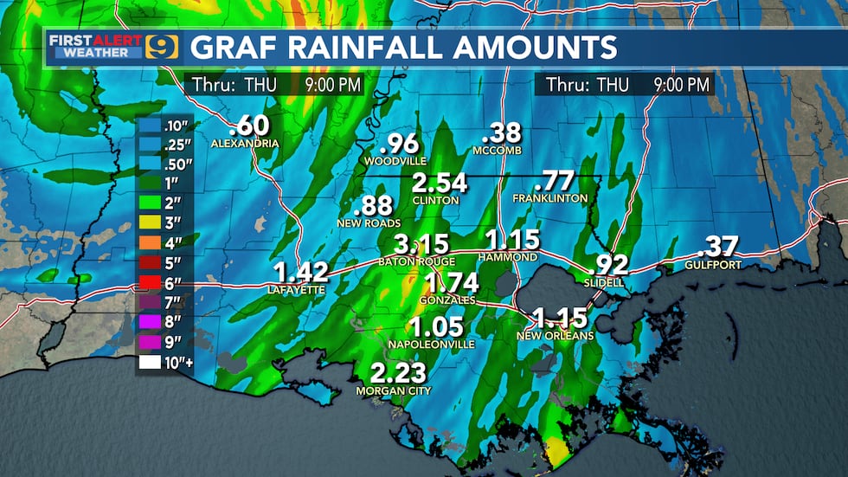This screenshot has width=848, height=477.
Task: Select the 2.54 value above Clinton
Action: (439, 184)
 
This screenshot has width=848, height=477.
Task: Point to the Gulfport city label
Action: (714, 265)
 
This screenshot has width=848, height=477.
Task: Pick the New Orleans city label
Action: (555, 335)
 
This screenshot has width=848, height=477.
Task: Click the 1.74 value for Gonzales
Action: (452, 282)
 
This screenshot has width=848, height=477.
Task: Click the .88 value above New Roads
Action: (373, 206)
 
